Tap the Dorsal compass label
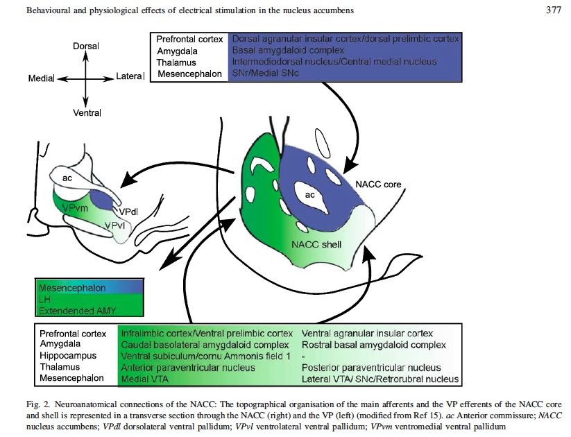86,46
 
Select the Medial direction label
41,78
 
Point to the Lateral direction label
130,76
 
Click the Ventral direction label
87,112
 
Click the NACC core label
378,185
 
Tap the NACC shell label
316,244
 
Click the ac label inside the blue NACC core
310,195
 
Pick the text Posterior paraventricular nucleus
371,368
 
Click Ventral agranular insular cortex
368,334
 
